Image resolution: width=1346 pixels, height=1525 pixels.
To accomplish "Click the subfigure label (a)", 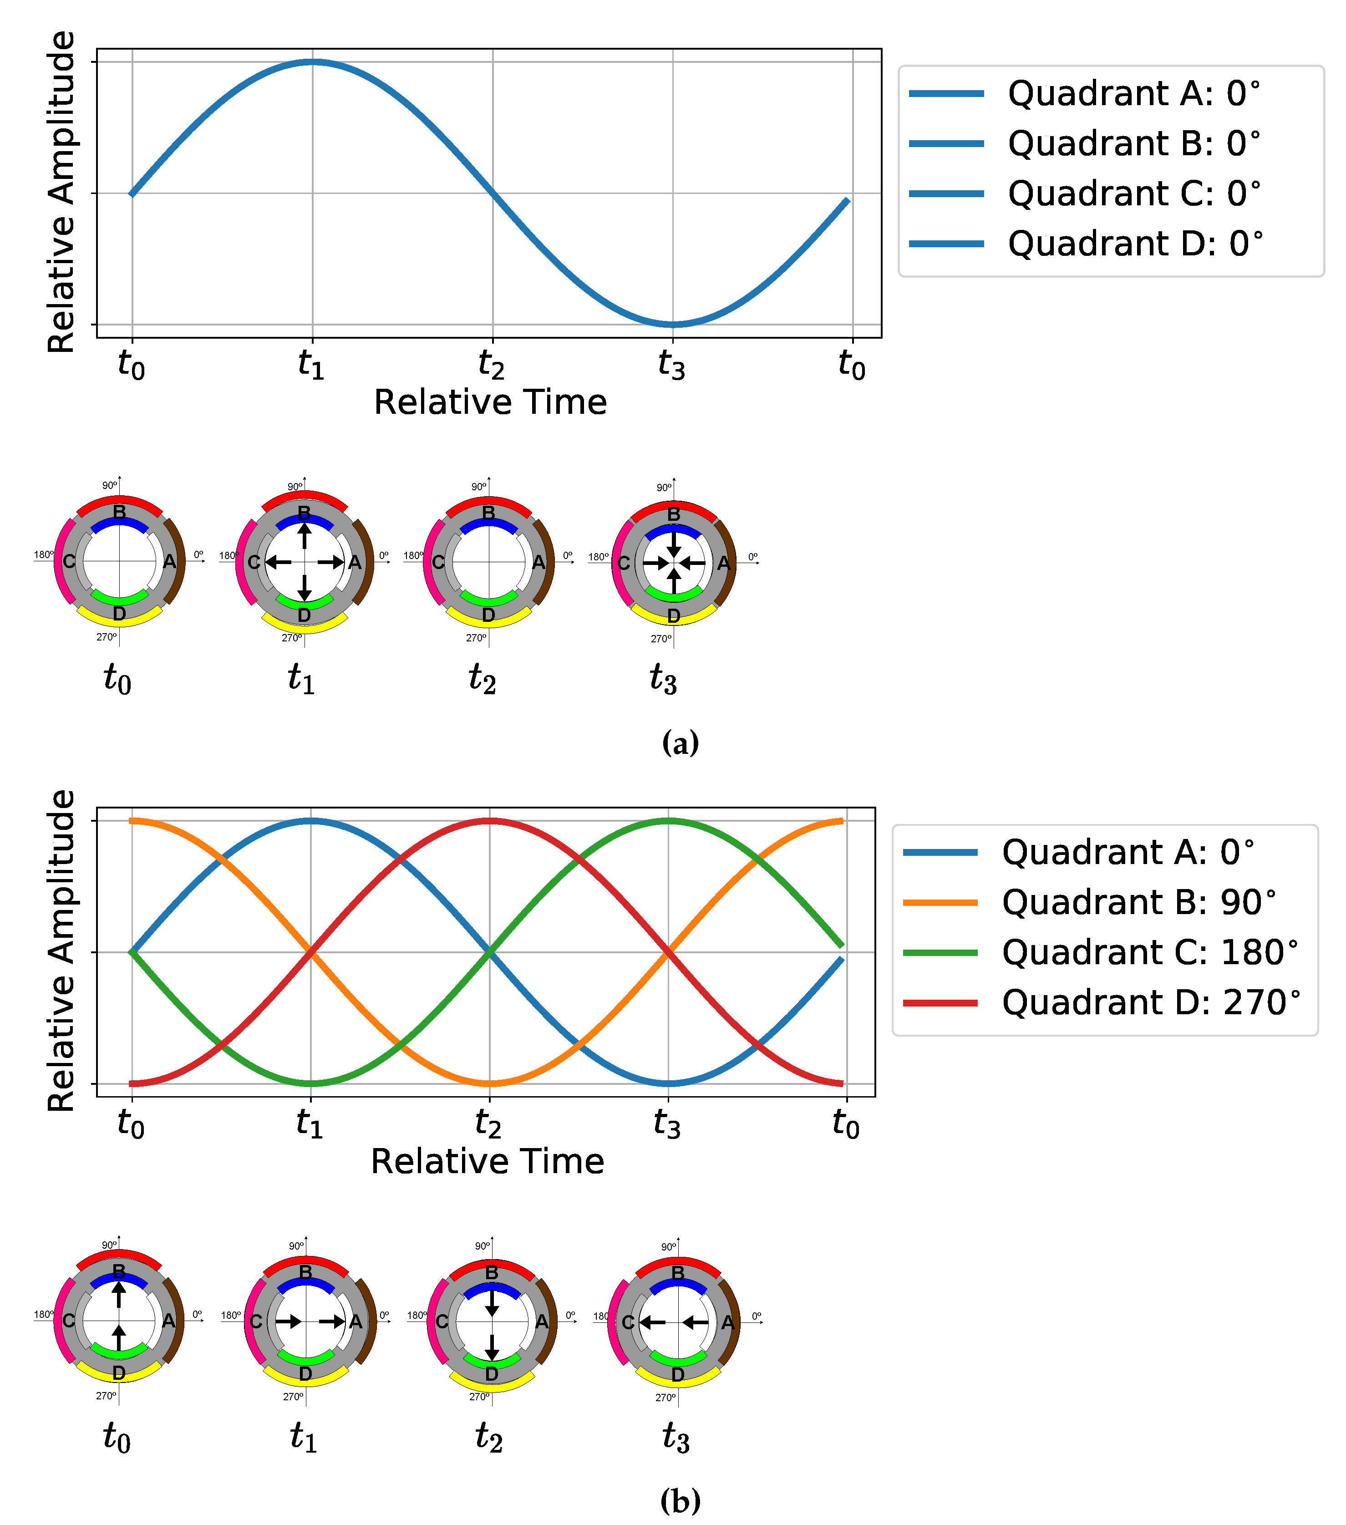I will (x=680, y=743).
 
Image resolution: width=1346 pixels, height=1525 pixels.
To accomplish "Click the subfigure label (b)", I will (x=680, y=1500).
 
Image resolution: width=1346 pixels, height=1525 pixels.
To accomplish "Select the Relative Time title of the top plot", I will (x=490, y=403).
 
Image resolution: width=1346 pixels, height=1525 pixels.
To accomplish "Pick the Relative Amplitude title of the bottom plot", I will (x=61, y=951).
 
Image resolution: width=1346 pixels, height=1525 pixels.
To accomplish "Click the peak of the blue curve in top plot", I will (x=313, y=62).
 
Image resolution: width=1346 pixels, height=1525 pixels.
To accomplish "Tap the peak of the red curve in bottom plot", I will (x=489, y=821).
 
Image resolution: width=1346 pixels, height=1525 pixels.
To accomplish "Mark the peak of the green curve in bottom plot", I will (x=669, y=821).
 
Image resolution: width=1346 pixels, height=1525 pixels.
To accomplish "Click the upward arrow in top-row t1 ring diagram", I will (x=305, y=536).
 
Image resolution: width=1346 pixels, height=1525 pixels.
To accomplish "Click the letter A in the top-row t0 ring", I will (x=169, y=562).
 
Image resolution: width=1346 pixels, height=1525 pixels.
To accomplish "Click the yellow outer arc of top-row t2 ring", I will (x=489, y=619).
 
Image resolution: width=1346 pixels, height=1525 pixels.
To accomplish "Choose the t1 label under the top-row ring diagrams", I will (x=301, y=679).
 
